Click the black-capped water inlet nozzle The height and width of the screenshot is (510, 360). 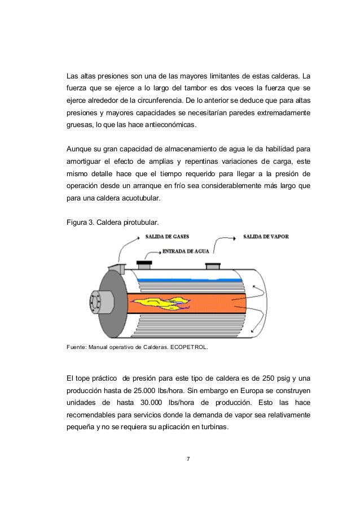pos(144,263)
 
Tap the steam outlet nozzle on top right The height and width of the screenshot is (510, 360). pos(214,266)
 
